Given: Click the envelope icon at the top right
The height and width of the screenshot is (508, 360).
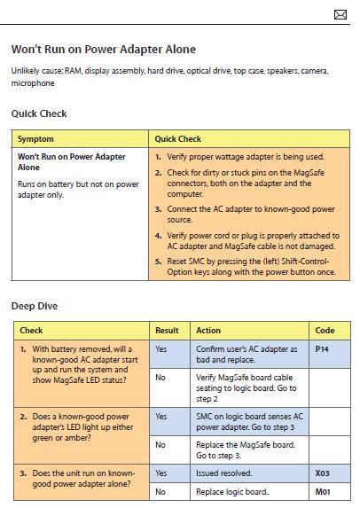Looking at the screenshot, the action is (x=340, y=14).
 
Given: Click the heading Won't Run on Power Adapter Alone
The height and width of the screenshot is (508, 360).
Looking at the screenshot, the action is (x=104, y=50).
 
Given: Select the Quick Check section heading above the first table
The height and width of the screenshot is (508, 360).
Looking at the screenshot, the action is (x=39, y=113).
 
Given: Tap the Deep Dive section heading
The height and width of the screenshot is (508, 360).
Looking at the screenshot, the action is (x=35, y=306).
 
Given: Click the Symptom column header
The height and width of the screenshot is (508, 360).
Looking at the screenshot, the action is (x=35, y=139).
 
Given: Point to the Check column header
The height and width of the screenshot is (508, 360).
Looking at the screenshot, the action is (x=31, y=331).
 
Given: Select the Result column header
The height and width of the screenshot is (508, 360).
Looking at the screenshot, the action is (x=167, y=331).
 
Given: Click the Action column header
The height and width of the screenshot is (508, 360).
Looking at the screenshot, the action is (x=208, y=331).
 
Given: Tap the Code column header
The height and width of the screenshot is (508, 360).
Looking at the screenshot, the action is (x=325, y=331).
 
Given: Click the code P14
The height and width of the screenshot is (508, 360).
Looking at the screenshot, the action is (x=322, y=349).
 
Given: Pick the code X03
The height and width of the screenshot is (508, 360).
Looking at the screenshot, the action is (x=323, y=473).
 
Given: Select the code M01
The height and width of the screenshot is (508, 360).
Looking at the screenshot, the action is (x=323, y=492).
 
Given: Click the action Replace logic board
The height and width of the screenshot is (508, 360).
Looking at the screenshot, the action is (x=232, y=492).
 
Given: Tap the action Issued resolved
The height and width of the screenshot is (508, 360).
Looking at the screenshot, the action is (x=224, y=473).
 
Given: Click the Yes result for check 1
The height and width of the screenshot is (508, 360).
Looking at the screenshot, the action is (x=161, y=349).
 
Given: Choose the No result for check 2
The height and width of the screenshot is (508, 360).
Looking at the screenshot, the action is (x=160, y=445).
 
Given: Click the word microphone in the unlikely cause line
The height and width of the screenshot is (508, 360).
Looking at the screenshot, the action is (x=33, y=83).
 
